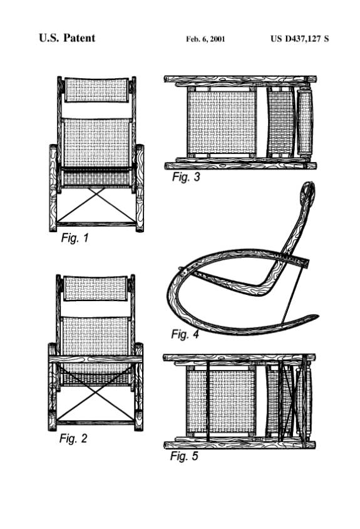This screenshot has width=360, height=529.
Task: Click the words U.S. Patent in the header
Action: (x=67, y=38)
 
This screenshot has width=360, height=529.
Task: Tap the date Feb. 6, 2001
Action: (x=205, y=39)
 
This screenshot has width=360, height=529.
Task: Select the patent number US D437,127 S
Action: (x=300, y=39)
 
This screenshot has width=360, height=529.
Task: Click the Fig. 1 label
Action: (x=75, y=238)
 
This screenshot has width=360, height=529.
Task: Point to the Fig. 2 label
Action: (x=73, y=438)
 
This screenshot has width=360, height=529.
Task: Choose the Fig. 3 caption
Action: (x=186, y=177)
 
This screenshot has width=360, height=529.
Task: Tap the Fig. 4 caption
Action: (x=185, y=334)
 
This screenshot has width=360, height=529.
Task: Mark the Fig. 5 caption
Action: (x=184, y=456)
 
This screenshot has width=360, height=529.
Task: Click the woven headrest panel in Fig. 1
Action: (x=96, y=90)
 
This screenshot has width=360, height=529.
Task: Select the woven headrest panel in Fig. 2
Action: (x=96, y=288)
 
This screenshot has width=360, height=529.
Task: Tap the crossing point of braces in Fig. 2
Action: (x=96, y=393)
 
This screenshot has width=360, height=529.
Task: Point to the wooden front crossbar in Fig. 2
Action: (x=96, y=359)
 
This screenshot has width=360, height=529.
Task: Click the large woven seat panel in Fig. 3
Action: (x=222, y=123)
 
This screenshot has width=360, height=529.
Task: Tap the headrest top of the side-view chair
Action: (x=307, y=191)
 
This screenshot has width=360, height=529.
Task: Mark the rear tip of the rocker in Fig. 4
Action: (x=317, y=316)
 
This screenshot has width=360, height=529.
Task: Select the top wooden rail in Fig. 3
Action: (x=240, y=80)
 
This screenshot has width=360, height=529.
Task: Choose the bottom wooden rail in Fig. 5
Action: (x=240, y=445)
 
